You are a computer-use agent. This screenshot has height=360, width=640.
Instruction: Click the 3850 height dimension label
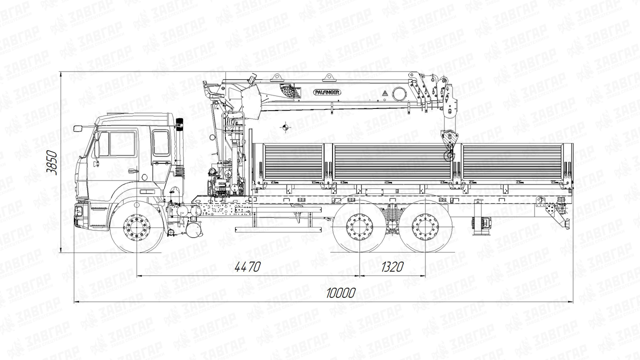52,162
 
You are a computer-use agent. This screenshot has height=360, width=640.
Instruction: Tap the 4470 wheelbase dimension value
247,266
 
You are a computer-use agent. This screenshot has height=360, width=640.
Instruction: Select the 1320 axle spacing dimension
392,266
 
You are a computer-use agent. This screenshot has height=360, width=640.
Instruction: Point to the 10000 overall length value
341,292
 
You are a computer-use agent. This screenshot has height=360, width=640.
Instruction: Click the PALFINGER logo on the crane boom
327,92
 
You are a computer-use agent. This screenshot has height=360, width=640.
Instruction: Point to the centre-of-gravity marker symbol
285,127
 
